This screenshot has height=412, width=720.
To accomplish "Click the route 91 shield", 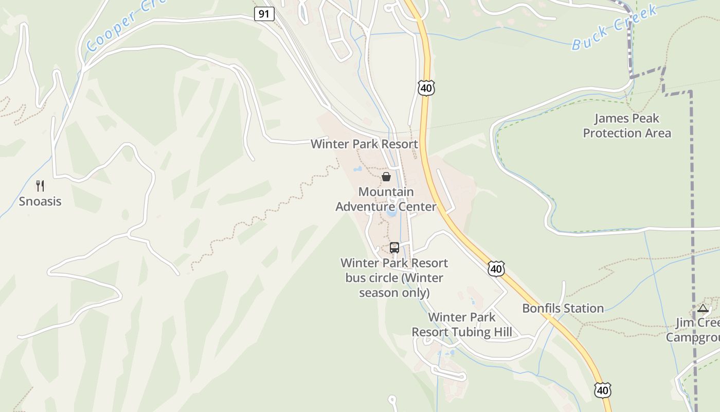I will [x=264, y=14].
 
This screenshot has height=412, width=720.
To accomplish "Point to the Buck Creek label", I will [x=614, y=28].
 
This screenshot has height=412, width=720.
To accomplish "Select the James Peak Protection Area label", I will [x=626, y=126].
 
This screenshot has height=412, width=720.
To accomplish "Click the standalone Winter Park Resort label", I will [x=364, y=144].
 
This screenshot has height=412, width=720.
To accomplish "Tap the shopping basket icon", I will [x=386, y=177].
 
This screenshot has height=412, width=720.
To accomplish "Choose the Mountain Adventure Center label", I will [x=386, y=199].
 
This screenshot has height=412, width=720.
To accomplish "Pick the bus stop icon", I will [x=394, y=248].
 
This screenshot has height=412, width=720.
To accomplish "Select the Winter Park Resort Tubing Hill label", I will [x=462, y=324].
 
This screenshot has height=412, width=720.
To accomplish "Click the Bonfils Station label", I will [x=563, y=308].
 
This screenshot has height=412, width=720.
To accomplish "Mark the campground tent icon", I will [x=703, y=308].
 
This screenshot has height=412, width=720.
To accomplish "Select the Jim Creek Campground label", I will [x=694, y=330].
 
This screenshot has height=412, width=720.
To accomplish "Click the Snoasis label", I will [x=40, y=201].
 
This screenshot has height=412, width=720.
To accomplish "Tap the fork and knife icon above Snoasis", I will [x=40, y=185].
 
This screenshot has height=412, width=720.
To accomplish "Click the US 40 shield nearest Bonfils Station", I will [x=496, y=268].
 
